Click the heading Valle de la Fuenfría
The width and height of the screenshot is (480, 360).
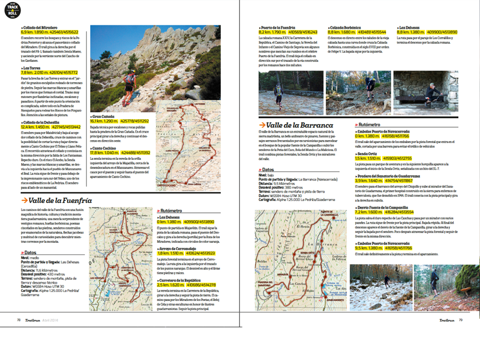60,201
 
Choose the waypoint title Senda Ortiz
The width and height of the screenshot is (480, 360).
368,154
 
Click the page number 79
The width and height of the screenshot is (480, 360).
460,320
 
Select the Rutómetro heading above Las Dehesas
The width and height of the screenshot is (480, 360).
170,210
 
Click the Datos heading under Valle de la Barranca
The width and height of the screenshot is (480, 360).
268,169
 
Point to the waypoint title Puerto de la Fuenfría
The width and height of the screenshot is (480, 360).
278,28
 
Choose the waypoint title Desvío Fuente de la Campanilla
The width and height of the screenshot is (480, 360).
382,207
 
